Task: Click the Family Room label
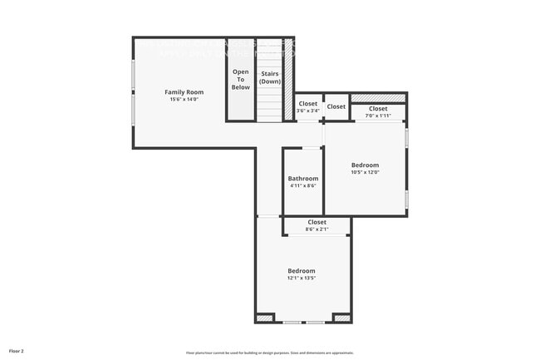click(x=184, y=92)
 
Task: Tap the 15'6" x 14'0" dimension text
click(x=184, y=100)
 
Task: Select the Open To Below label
click(x=240, y=79)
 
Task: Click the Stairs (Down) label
click(x=269, y=77)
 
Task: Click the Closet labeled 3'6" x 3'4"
click(x=308, y=104)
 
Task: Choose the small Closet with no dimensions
click(x=336, y=106)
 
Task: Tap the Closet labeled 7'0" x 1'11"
click(x=378, y=109)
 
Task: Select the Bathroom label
click(x=303, y=179)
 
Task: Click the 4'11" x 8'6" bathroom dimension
click(x=303, y=186)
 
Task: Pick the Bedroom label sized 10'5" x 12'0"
click(x=365, y=165)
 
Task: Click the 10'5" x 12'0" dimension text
click(x=365, y=172)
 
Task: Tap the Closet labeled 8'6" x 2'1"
click(x=317, y=222)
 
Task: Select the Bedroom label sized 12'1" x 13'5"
click(x=302, y=271)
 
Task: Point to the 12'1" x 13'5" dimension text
click(x=302, y=279)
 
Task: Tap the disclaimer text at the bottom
click(x=270, y=353)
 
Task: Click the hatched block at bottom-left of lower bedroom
click(x=264, y=318)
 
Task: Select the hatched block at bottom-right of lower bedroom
click(x=341, y=318)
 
